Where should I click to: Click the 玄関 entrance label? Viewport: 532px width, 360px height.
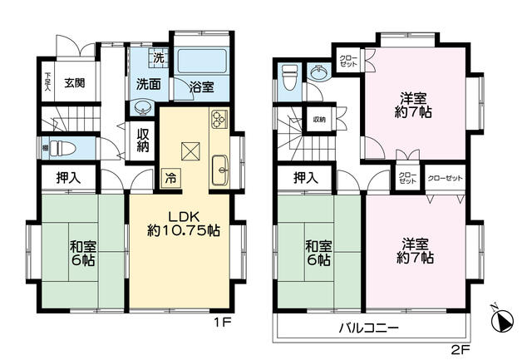[x=74, y=82]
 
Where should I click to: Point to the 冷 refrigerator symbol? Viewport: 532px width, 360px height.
[x=170, y=176]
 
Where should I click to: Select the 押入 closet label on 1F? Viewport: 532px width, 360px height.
[x=69, y=177]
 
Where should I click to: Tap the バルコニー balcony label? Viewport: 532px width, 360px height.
[x=368, y=328]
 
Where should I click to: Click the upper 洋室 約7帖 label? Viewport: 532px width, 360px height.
[x=414, y=103]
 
